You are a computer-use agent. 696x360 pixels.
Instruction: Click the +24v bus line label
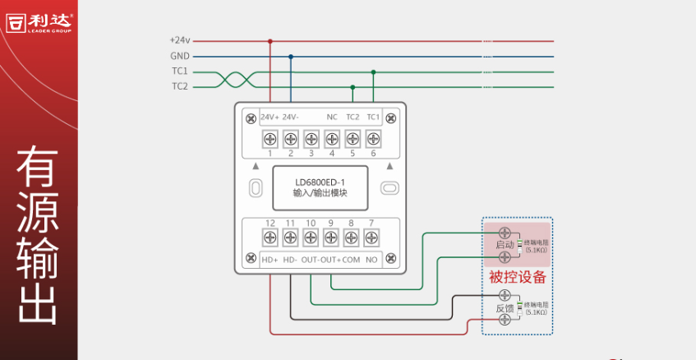pos(180,40)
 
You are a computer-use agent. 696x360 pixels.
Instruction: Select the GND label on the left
pos(180,56)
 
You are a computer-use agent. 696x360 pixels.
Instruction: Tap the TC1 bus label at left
pos(180,71)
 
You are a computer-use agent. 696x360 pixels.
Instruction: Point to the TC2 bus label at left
pos(180,86)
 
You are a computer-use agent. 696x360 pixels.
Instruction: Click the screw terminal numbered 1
pos(270,138)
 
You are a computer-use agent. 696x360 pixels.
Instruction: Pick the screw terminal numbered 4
pos(331,138)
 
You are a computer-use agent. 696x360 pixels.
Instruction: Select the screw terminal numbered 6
pos(373,138)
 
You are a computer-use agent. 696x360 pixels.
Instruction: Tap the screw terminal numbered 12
pos(270,238)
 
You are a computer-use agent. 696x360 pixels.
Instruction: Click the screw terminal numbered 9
pos(331,238)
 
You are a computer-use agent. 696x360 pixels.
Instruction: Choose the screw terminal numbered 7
pos(371,238)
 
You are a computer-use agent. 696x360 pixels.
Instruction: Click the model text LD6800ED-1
pos(320,182)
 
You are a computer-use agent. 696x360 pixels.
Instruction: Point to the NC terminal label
pos(332,117)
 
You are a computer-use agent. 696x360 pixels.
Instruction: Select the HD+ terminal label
pos(270,260)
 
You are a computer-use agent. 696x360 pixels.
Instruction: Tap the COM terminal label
pos(351,260)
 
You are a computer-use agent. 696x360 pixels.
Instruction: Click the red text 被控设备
pos(518,276)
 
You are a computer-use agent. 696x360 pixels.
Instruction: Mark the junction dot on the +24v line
pos(270,40)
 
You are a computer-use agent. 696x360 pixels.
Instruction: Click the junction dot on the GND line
pos(290,56)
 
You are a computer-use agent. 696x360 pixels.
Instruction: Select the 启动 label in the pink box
pos(505,245)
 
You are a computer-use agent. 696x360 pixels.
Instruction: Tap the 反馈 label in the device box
pos(505,308)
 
